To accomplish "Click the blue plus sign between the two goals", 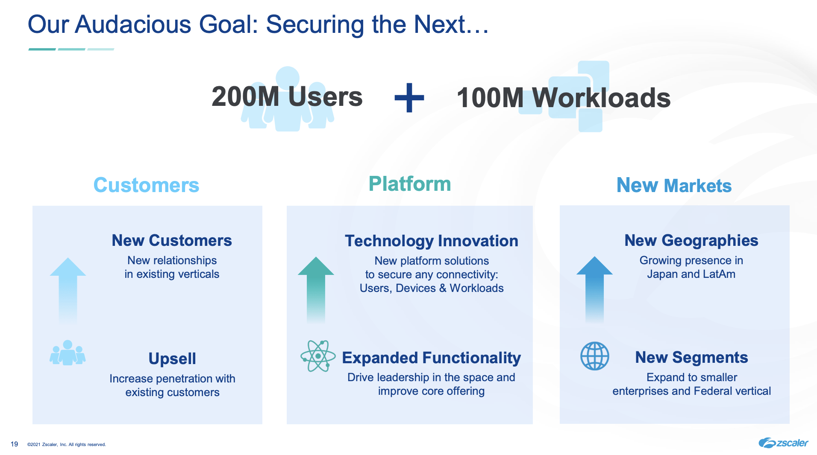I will [x=409, y=98].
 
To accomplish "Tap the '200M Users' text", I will [x=287, y=97].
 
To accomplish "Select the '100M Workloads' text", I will [x=563, y=98].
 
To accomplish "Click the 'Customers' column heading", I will [x=146, y=185].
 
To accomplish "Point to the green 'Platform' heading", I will [x=409, y=184].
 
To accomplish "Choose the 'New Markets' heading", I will [x=674, y=186].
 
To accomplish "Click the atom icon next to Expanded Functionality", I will [x=318, y=356].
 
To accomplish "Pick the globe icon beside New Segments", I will [x=594, y=356].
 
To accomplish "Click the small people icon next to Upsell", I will [x=68, y=353].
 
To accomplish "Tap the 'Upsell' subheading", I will [x=172, y=359].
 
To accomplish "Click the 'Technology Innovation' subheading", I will [x=431, y=241].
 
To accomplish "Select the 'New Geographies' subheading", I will [x=691, y=241].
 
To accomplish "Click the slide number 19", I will [x=14, y=444].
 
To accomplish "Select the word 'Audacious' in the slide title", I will [x=133, y=24].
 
